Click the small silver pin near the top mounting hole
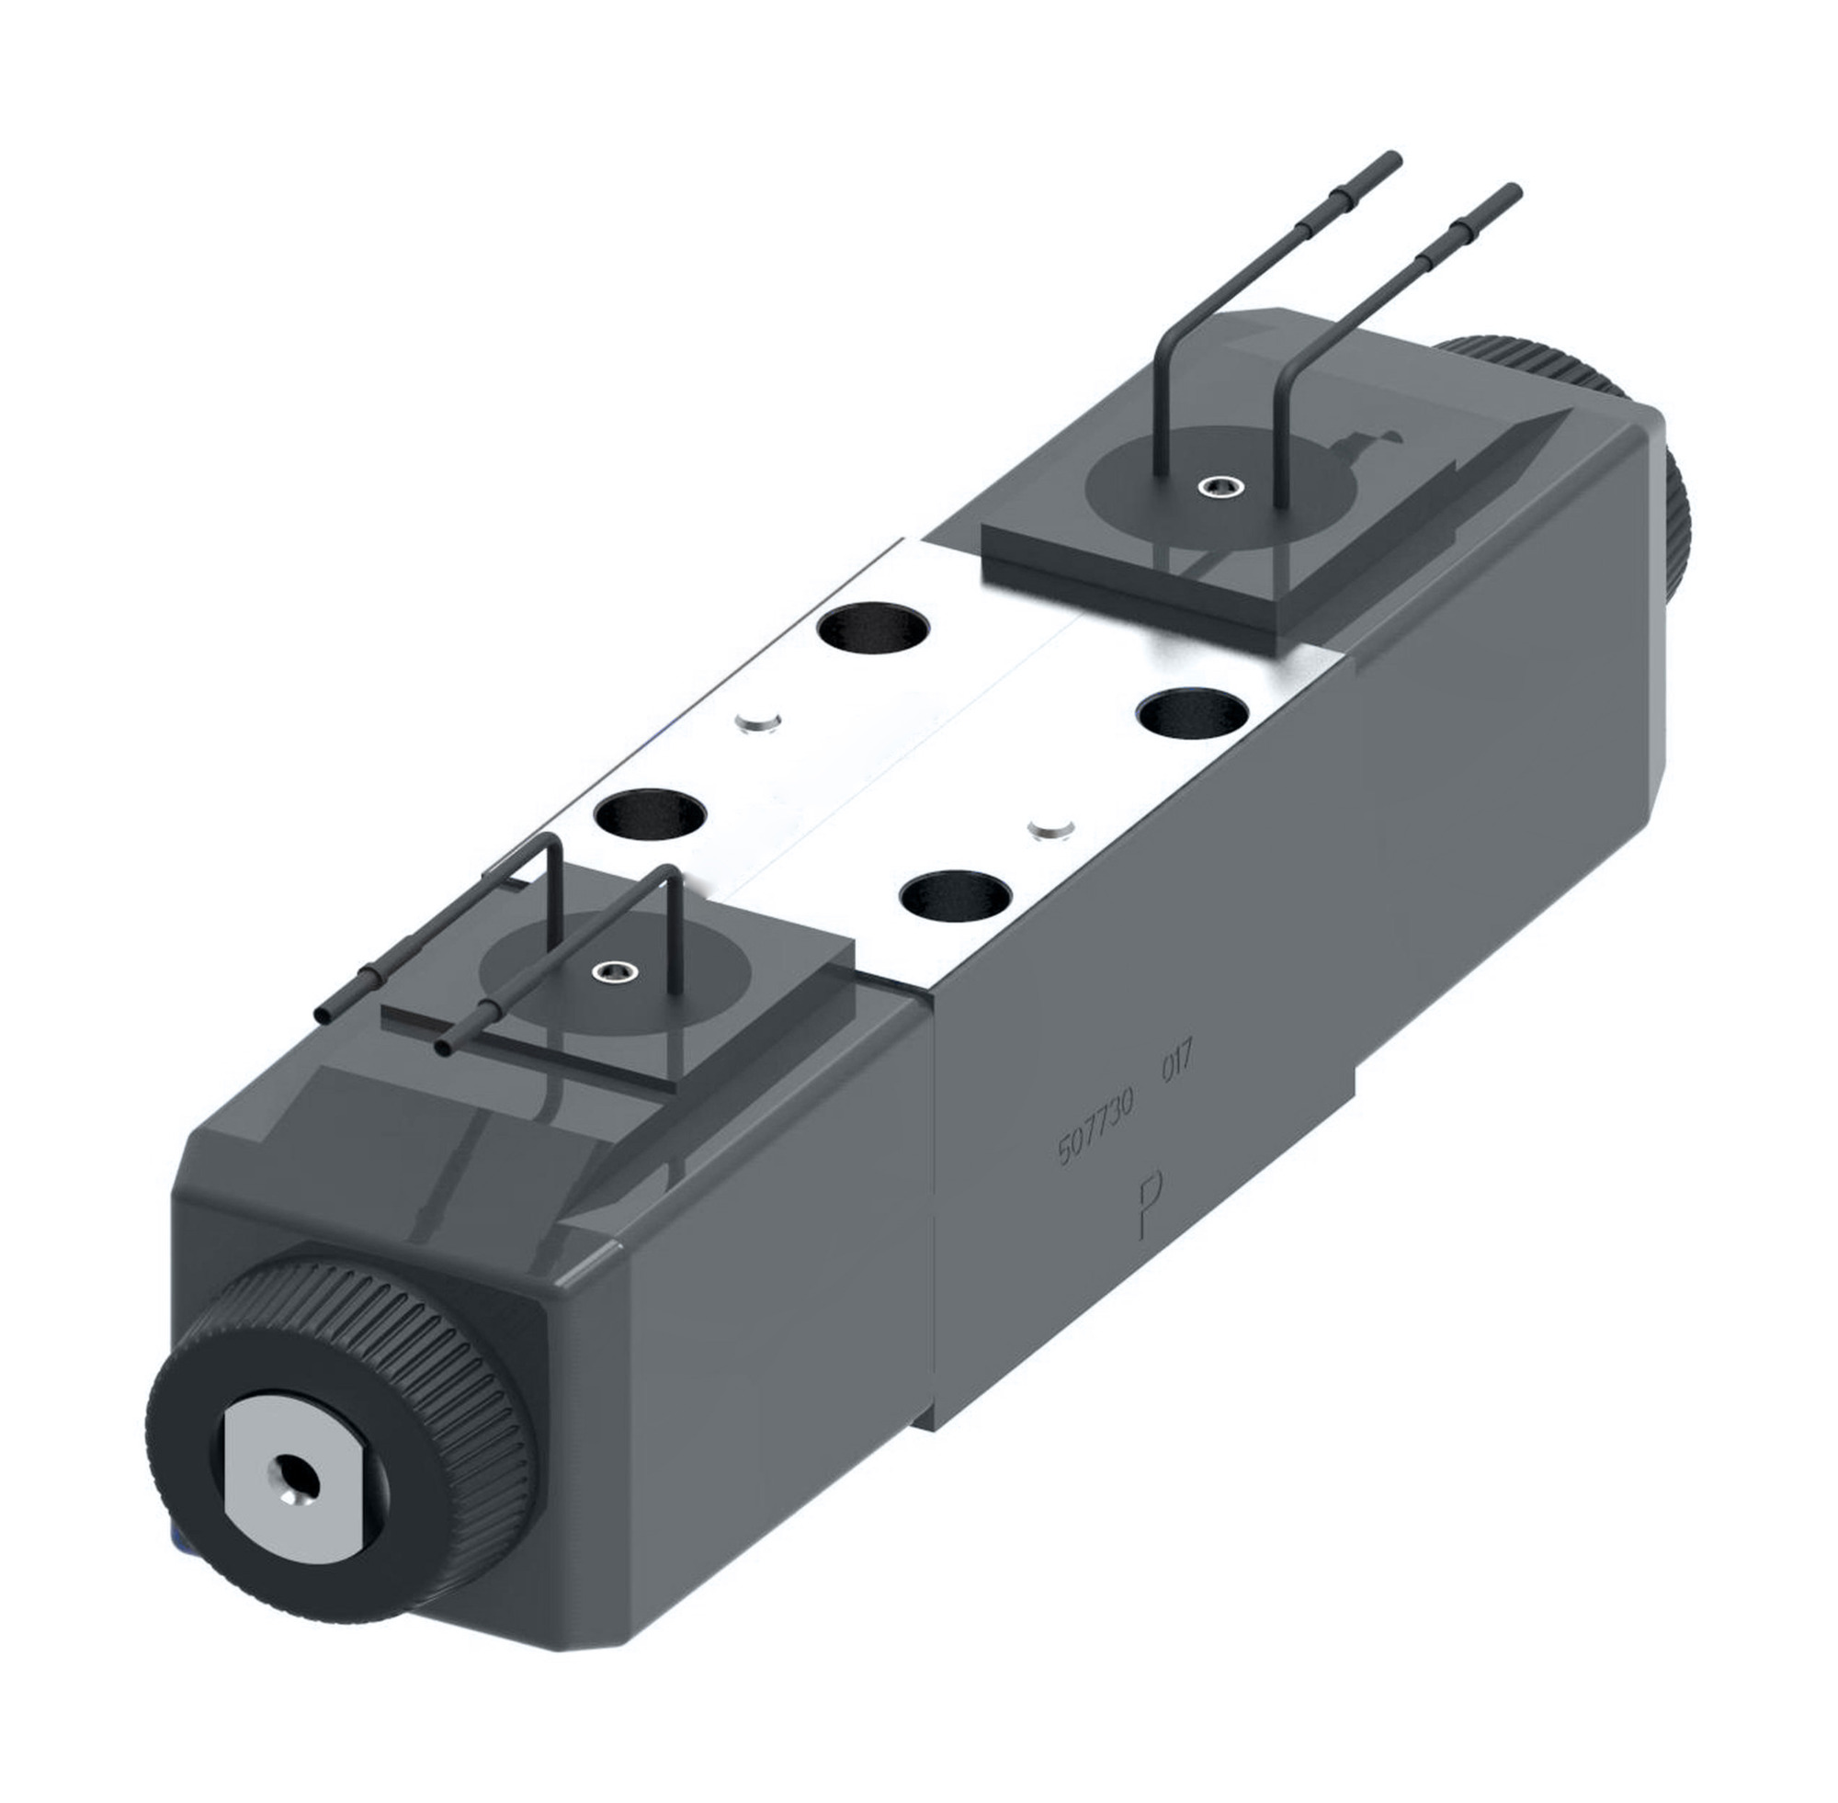click(757, 723)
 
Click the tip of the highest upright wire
click(1394, 157)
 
